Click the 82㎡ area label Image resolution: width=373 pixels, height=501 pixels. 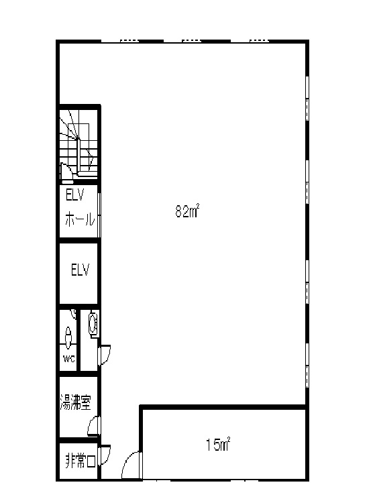(187, 211)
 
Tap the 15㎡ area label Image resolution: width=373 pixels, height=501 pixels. (218, 445)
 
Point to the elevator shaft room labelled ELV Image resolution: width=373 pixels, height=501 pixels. (78, 274)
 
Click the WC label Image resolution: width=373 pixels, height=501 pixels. (68, 359)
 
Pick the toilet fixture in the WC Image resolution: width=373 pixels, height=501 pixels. (68, 337)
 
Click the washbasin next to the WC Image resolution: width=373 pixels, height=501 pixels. (93, 324)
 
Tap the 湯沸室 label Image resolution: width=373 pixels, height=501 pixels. (76, 402)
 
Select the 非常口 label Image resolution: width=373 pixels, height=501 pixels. (81, 461)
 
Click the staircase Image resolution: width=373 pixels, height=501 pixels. (78, 143)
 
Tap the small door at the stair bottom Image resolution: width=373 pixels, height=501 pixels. (66, 172)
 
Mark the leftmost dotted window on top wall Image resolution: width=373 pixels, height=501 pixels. (129, 41)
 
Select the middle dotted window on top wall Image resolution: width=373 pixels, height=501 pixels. (191, 41)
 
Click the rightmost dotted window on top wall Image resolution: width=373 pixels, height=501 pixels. (259, 41)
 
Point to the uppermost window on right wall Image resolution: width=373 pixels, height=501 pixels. (307, 98)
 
